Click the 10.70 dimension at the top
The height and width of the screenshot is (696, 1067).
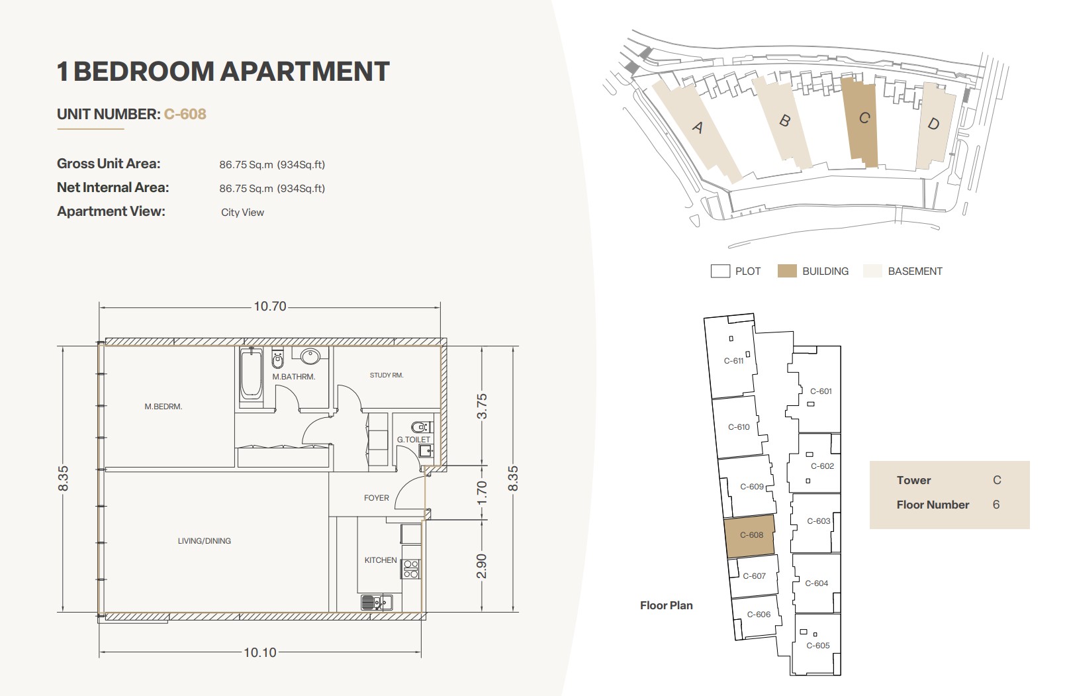coord(269,306)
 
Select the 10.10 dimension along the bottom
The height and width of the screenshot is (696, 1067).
coord(260,652)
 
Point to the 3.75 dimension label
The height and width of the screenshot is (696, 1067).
coord(482,406)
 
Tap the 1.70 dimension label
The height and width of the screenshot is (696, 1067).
coord(482,493)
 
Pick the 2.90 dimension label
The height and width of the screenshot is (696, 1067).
coord(482,566)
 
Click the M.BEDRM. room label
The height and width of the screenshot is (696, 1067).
coord(163,407)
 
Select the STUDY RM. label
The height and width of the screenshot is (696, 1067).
coord(387,375)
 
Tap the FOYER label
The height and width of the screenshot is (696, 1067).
coord(377,498)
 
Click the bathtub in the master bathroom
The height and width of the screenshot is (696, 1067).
coord(251,374)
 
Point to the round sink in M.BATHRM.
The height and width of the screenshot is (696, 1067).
coord(310,356)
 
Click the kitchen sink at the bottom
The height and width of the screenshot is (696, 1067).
coord(377,603)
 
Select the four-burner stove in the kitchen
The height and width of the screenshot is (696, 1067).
coord(410,570)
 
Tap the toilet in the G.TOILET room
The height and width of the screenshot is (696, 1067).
coord(420,426)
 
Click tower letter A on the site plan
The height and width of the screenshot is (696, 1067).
coord(698,127)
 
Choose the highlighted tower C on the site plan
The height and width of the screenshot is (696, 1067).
coord(860,123)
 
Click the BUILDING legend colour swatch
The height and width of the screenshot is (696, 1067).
coord(787,271)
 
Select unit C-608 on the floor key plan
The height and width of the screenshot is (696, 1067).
coord(750,536)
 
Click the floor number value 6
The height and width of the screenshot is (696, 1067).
coord(996,505)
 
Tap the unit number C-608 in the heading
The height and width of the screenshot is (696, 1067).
coord(185,114)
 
